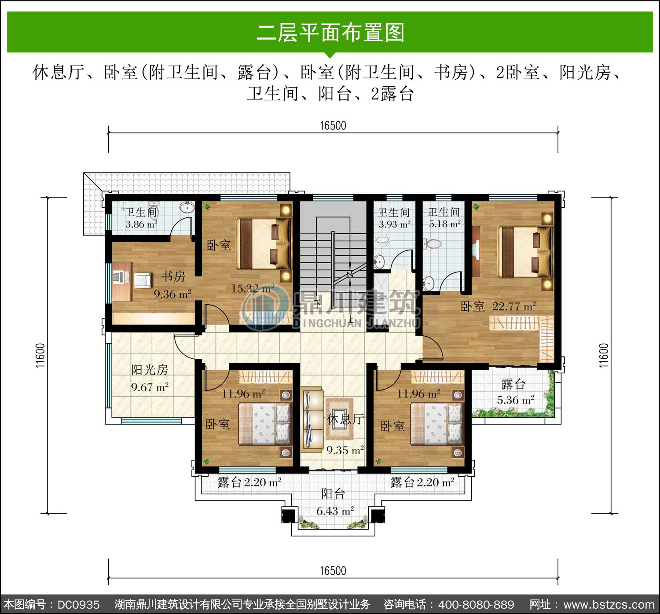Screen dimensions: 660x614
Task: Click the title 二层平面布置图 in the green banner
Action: coord(330,33)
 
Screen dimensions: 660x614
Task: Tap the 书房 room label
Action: coord(173,276)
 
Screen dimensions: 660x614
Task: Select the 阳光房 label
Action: coord(150,370)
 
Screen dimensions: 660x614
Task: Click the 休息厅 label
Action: coord(345,419)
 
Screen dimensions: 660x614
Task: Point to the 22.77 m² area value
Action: coord(514,306)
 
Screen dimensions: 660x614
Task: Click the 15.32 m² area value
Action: coord(253,288)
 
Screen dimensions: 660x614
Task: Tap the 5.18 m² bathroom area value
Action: coord(445,224)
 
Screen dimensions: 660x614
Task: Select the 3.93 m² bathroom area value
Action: coord(395,224)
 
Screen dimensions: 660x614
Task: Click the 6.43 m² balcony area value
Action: coord(335,511)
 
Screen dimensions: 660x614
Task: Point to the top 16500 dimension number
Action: coord(333,125)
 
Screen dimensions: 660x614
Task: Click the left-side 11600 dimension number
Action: coord(40,355)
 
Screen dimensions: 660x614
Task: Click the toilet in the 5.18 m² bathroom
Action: coord(433,244)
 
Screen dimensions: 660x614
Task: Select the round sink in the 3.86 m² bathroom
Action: coord(187,207)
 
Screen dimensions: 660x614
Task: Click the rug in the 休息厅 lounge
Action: coord(339,419)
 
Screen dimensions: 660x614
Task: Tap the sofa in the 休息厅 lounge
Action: coord(312,419)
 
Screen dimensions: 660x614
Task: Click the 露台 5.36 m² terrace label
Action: coord(514,392)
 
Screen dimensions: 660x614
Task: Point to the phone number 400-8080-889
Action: coord(476,604)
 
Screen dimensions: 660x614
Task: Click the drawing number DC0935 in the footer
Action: coord(78,604)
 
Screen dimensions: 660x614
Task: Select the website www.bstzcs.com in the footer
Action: coord(609,604)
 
